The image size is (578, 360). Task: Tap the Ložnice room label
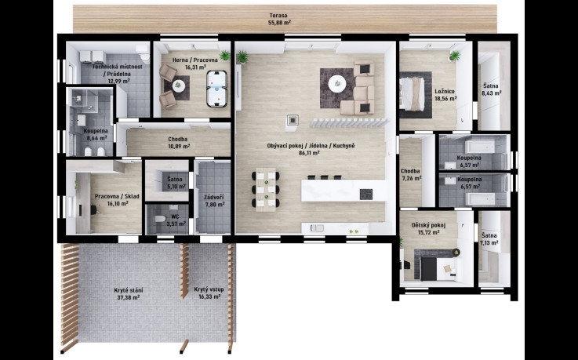[445, 92]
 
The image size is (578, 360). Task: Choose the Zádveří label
[214, 197]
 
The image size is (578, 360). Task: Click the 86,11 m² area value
[311, 154]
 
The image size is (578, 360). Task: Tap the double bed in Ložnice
[413, 90]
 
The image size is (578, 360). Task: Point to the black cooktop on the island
[365, 193]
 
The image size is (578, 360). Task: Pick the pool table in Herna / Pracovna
[214, 87]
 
